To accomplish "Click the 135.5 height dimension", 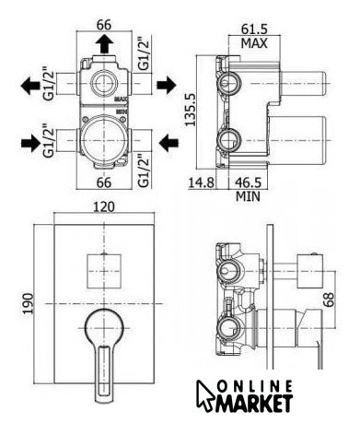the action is click(x=191, y=110).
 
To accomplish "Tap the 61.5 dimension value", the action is click(x=254, y=29).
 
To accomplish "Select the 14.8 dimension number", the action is click(x=201, y=182).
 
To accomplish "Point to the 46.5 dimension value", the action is click(x=249, y=182).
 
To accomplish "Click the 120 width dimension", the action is click(x=104, y=206).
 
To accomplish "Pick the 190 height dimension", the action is click(x=29, y=303).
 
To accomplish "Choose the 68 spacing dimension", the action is click(x=329, y=300).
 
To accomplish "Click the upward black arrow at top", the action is click(x=104, y=43).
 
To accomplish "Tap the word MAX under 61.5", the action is click(x=254, y=43).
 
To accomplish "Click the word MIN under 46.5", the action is click(x=248, y=196).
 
